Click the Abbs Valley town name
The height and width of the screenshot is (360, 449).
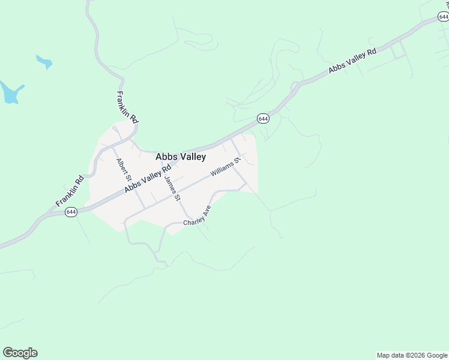click(x=181, y=157)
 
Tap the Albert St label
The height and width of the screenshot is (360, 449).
click(x=124, y=170)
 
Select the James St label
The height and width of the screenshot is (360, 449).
click(x=172, y=187)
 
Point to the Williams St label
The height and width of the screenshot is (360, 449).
click(x=225, y=167)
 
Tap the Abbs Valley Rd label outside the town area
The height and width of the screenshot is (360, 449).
click(x=352, y=62)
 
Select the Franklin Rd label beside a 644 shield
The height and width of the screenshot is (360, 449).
click(x=70, y=191)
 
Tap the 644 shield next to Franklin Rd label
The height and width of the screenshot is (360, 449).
click(x=71, y=212)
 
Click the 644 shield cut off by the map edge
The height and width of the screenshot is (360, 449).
click(x=444, y=17)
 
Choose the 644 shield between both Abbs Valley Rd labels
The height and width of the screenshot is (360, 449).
click(x=263, y=119)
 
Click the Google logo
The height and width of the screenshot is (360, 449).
click(x=20, y=353)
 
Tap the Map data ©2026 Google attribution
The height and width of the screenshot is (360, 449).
click(x=412, y=355)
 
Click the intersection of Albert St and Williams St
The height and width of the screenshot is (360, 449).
click(x=143, y=208)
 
